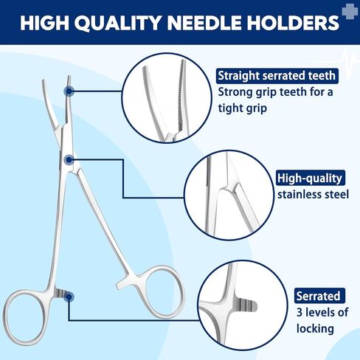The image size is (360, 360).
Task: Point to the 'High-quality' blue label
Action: click(x=310, y=178)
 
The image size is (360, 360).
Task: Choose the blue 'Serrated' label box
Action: click(x=319, y=297)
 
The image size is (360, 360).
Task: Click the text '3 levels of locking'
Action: click(x=320, y=322)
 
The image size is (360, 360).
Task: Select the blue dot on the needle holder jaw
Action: click(x=69, y=91)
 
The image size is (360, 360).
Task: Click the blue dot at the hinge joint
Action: click(x=69, y=159)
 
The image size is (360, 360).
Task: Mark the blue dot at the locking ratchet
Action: click(x=69, y=297)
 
